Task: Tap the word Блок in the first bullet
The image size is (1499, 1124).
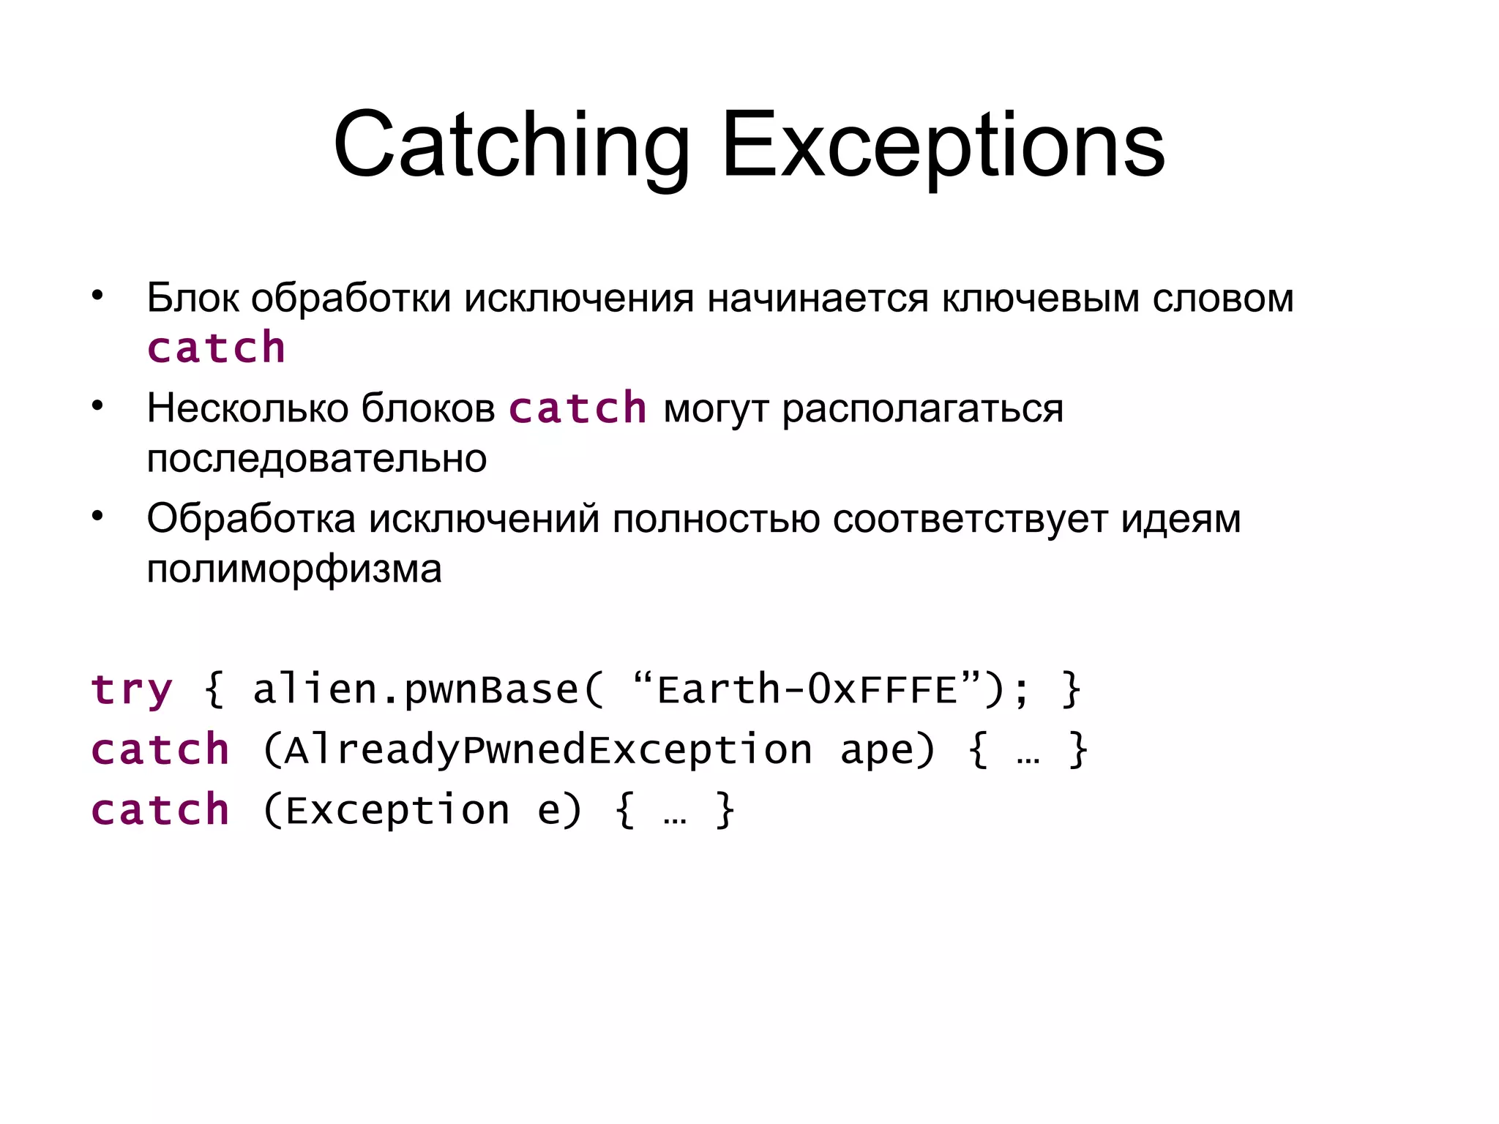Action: click(192, 298)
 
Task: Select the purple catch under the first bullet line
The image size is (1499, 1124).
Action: click(216, 348)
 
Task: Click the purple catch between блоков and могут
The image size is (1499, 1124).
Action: click(577, 408)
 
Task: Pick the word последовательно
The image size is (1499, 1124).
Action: click(316, 459)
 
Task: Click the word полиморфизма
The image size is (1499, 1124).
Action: click(294, 569)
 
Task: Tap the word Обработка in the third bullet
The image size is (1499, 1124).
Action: click(251, 519)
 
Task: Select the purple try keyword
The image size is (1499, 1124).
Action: click(132, 690)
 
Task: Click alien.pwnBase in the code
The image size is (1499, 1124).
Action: click(416, 690)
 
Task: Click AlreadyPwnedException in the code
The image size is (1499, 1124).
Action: click(548, 751)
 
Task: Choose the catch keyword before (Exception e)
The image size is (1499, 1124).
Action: click(160, 811)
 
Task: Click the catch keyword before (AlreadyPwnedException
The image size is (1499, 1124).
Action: click(160, 751)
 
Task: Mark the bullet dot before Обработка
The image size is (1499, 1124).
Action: click(97, 517)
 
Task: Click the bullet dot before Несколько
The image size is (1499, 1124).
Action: click(97, 406)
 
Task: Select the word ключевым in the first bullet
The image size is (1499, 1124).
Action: click(1040, 298)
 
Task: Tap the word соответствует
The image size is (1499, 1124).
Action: click(970, 519)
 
